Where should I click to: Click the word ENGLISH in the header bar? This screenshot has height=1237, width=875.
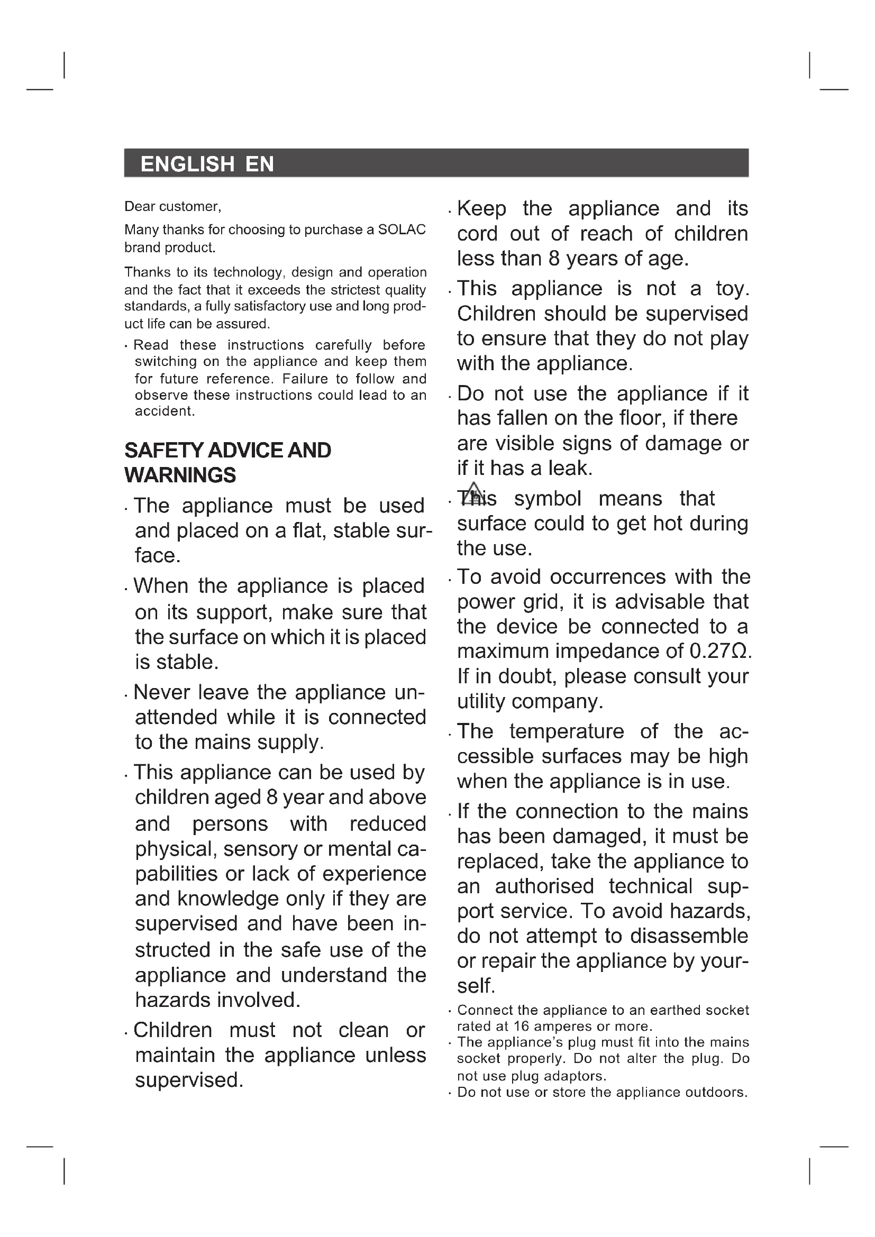coord(187,164)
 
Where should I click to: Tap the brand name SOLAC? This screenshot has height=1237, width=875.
coord(402,230)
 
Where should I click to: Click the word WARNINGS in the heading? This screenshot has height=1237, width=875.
coord(180,475)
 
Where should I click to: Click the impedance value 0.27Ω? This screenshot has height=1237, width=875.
coord(719,652)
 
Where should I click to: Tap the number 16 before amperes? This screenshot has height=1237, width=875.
coord(522,1027)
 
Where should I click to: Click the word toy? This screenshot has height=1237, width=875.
coord(732,289)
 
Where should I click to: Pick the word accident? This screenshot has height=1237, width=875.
coord(165,411)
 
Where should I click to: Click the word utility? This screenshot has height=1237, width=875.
coord(481,701)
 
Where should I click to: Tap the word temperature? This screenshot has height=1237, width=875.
coord(566,731)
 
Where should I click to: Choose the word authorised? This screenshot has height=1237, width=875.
coord(544,886)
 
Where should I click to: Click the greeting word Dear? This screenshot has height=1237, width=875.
coord(139,206)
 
